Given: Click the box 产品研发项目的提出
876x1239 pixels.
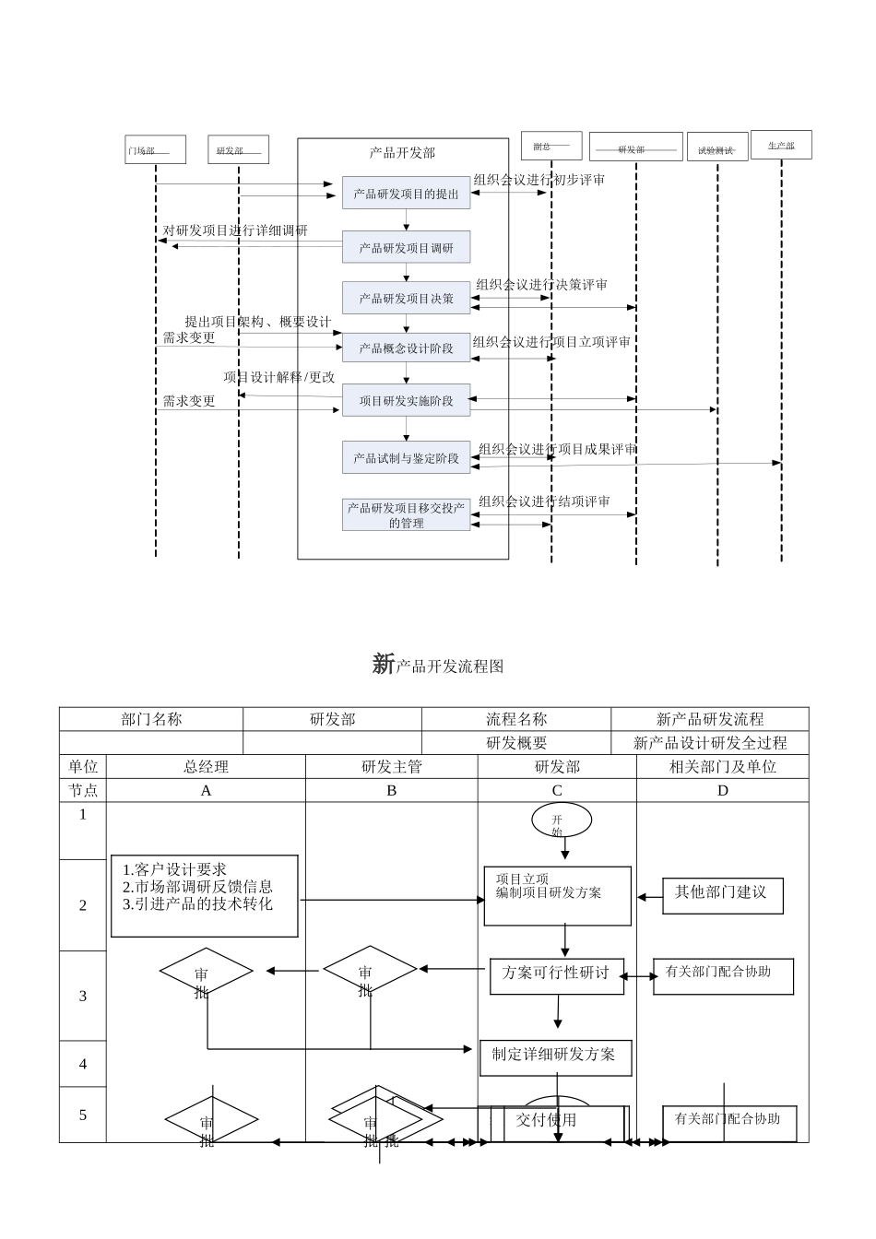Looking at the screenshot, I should click(x=406, y=194).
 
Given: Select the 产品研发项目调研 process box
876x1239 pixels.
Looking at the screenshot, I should click(x=406, y=247).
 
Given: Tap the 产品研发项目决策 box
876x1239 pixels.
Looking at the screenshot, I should click(x=406, y=298).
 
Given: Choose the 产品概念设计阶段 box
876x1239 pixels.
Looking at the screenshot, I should click(x=406, y=348).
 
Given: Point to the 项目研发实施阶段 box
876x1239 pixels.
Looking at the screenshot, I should click(x=406, y=400).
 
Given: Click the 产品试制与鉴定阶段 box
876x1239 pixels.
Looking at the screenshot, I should click(x=406, y=457).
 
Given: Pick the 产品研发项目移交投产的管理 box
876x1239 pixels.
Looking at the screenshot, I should click(x=406, y=514).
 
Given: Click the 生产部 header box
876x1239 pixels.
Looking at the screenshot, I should click(x=781, y=145).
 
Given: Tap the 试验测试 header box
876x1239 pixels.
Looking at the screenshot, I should click(x=716, y=148).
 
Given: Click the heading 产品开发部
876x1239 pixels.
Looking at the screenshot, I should click(x=402, y=153).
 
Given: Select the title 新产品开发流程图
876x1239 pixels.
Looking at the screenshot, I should click(x=438, y=665).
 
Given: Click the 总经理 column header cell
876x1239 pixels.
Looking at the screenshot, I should click(x=206, y=766).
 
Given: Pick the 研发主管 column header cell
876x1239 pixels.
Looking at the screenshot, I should click(x=391, y=766).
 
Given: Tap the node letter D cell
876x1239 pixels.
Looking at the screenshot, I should click(x=722, y=790).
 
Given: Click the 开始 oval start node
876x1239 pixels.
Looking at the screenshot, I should click(x=561, y=820).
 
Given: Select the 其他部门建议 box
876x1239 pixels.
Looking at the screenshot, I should click(x=722, y=893).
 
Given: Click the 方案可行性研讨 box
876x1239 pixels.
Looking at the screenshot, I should click(x=556, y=974).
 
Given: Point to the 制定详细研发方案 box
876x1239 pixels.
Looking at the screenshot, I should click(x=555, y=1056).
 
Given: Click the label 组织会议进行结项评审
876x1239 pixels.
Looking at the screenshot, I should click(x=544, y=501).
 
